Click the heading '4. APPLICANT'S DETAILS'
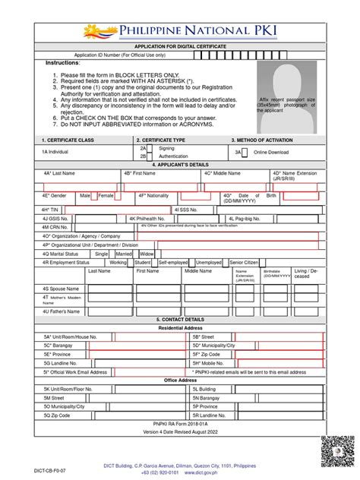[179, 164]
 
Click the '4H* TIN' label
[51, 209]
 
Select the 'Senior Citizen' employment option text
[244, 262]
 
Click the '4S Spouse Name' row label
[62, 289]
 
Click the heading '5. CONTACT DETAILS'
[179, 320]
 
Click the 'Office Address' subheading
[180, 380]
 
